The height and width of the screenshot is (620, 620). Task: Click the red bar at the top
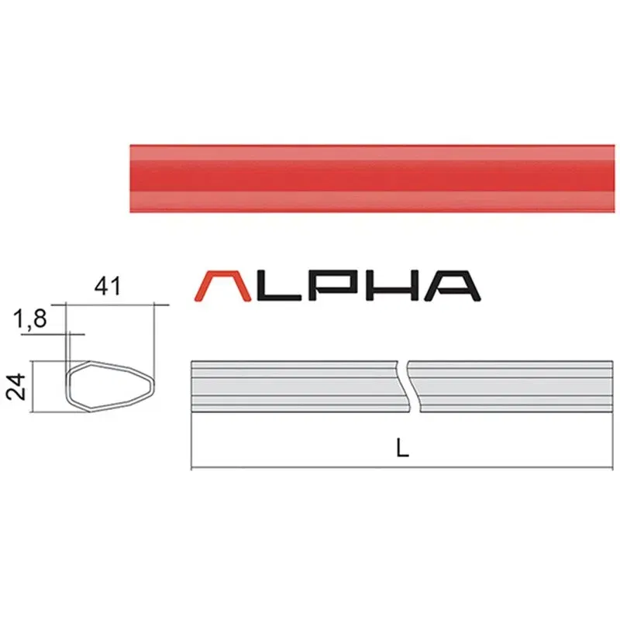[372, 179]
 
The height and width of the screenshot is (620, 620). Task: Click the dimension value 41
[108, 287]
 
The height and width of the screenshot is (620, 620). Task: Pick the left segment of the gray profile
[294, 386]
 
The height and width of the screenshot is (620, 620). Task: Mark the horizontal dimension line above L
[310, 468]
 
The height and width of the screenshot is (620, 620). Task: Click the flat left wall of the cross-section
[67, 383]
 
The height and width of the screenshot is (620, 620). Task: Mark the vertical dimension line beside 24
[33, 383]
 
